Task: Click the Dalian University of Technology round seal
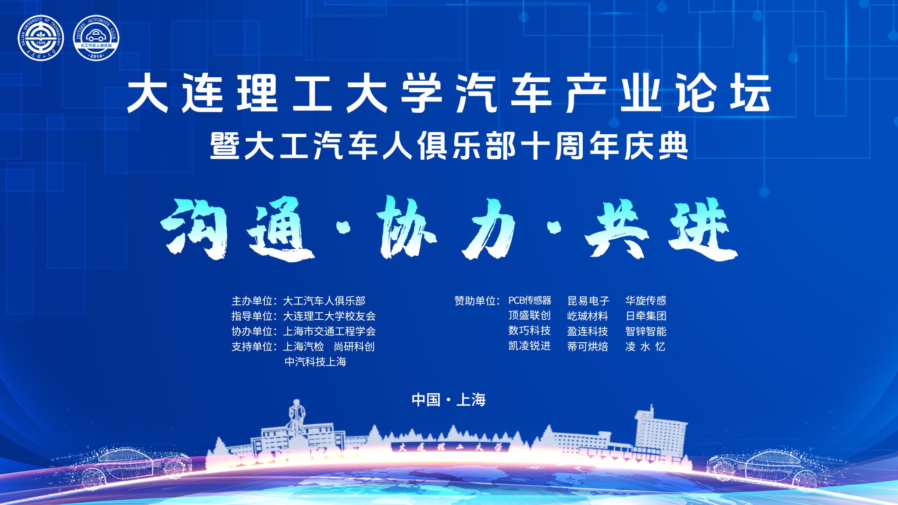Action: pos(41,38)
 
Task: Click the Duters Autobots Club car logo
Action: pos(96,38)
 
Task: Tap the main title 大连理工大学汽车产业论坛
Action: pos(449,93)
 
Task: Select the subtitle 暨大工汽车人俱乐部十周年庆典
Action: pos(449,146)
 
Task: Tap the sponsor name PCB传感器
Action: pos(530,301)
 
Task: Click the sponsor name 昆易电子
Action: pos(588,301)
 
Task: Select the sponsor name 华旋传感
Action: pos(646,301)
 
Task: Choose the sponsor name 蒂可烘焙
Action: pos(588,347)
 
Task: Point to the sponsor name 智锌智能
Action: pos(646,331)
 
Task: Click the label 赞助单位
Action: pos(475,301)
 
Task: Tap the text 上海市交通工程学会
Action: pos(329,331)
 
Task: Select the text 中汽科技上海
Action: pos(315,362)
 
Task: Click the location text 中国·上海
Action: pos(449,400)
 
